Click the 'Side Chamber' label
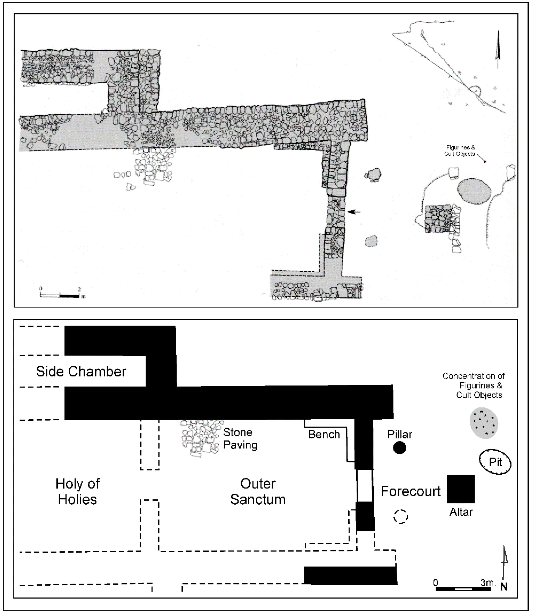point(81,372)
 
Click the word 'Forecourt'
point(410,491)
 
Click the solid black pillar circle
point(400,448)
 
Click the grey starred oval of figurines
point(484,423)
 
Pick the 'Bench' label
point(324,435)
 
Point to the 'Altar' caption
point(461,512)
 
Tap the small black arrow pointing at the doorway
point(354,212)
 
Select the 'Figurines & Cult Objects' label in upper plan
point(459,151)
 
